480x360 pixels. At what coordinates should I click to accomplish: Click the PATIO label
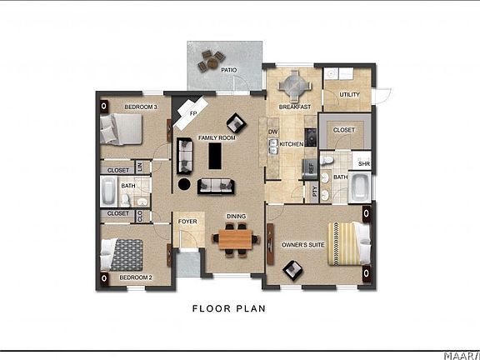pyautogui.click(x=229, y=71)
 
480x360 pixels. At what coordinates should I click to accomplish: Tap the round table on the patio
pyautogui.click(x=209, y=59)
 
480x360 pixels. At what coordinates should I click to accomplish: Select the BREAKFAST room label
pyautogui.click(x=295, y=107)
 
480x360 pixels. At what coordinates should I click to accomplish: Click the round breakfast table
pyautogui.click(x=294, y=85)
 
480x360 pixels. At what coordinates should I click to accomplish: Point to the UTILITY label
pyautogui.click(x=350, y=95)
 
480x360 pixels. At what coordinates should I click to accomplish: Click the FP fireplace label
pyautogui.click(x=192, y=112)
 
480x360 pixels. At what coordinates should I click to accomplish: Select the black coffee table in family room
pyautogui.click(x=217, y=155)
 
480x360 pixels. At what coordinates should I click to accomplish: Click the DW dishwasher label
pyautogui.click(x=272, y=132)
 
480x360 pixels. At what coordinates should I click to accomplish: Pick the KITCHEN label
pyautogui.click(x=292, y=145)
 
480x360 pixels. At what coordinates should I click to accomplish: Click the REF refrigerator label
pyautogui.click(x=311, y=167)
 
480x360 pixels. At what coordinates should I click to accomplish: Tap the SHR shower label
pyautogui.click(x=362, y=162)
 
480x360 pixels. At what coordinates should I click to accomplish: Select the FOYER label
pyautogui.click(x=187, y=222)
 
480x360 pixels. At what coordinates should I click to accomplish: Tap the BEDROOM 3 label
pyautogui.click(x=141, y=107)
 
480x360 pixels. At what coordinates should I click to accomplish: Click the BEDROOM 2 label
pyautogui.click(x=135, y=277)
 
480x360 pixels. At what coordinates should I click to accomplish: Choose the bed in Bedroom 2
pyautogui.click(x=123, y=252)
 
